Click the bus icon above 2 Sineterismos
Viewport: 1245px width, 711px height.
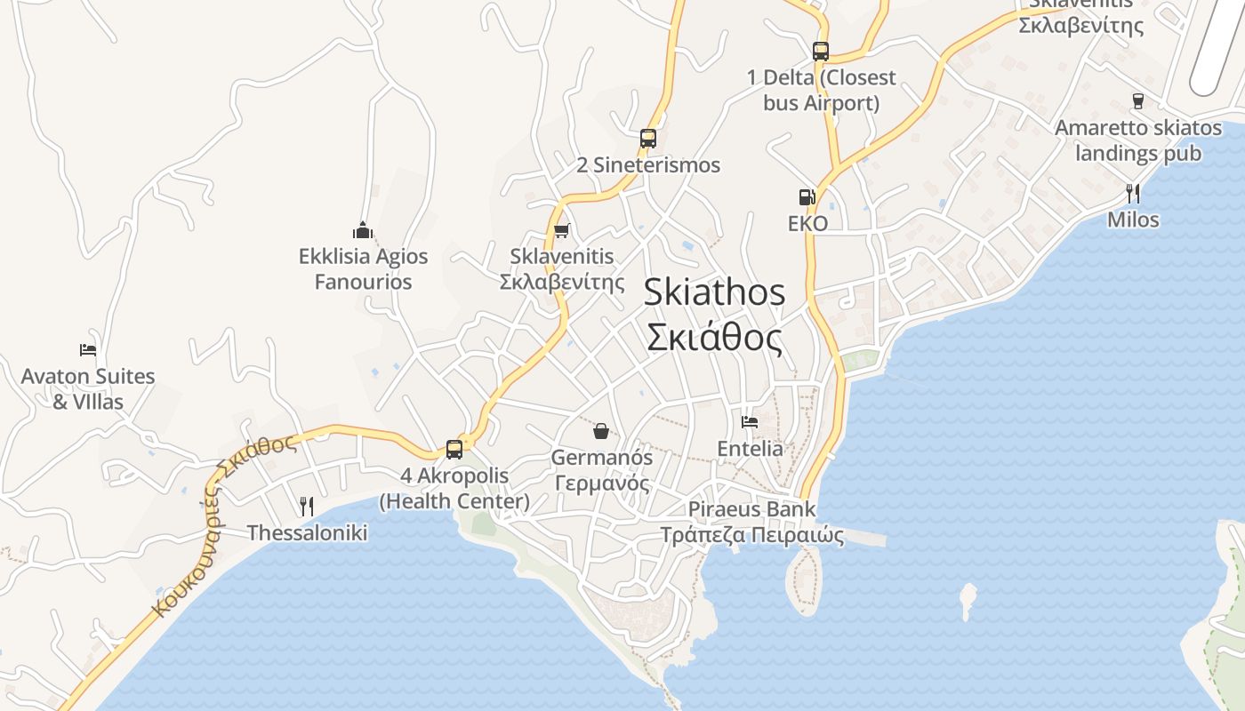[x=647, y=139]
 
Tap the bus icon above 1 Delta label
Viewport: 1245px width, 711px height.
[x=820, y=52]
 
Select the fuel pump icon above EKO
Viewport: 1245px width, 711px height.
[x=807, y=197]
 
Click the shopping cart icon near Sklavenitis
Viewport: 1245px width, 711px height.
[x=561, y=231]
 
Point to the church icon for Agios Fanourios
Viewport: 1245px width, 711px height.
[x=362, y=231]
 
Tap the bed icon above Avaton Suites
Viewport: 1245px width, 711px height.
[x=87, y=349]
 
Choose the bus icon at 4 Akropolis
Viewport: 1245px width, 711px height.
[x=454, y=449]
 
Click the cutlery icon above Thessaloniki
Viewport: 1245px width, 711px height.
[x=307, y=507]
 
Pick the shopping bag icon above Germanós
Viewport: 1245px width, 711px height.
[x=601, y=432]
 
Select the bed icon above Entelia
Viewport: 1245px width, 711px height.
[x=750, y=422]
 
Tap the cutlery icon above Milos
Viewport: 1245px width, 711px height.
[x=1133, y=193]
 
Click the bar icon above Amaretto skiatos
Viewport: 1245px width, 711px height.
[x=1137, y=101]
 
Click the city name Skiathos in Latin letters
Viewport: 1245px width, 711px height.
[x=714, y=292]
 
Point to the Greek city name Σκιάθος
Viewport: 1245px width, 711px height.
[x=714, y=339]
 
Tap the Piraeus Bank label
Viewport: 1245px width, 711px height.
[x=751, y=509]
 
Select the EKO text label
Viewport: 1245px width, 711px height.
[x=807, y=223]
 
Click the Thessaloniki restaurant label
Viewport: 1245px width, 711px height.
[x=307, y=532]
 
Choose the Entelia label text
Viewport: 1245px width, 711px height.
[x=751, y=448]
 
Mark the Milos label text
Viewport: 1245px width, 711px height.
[x=1133, y=219]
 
